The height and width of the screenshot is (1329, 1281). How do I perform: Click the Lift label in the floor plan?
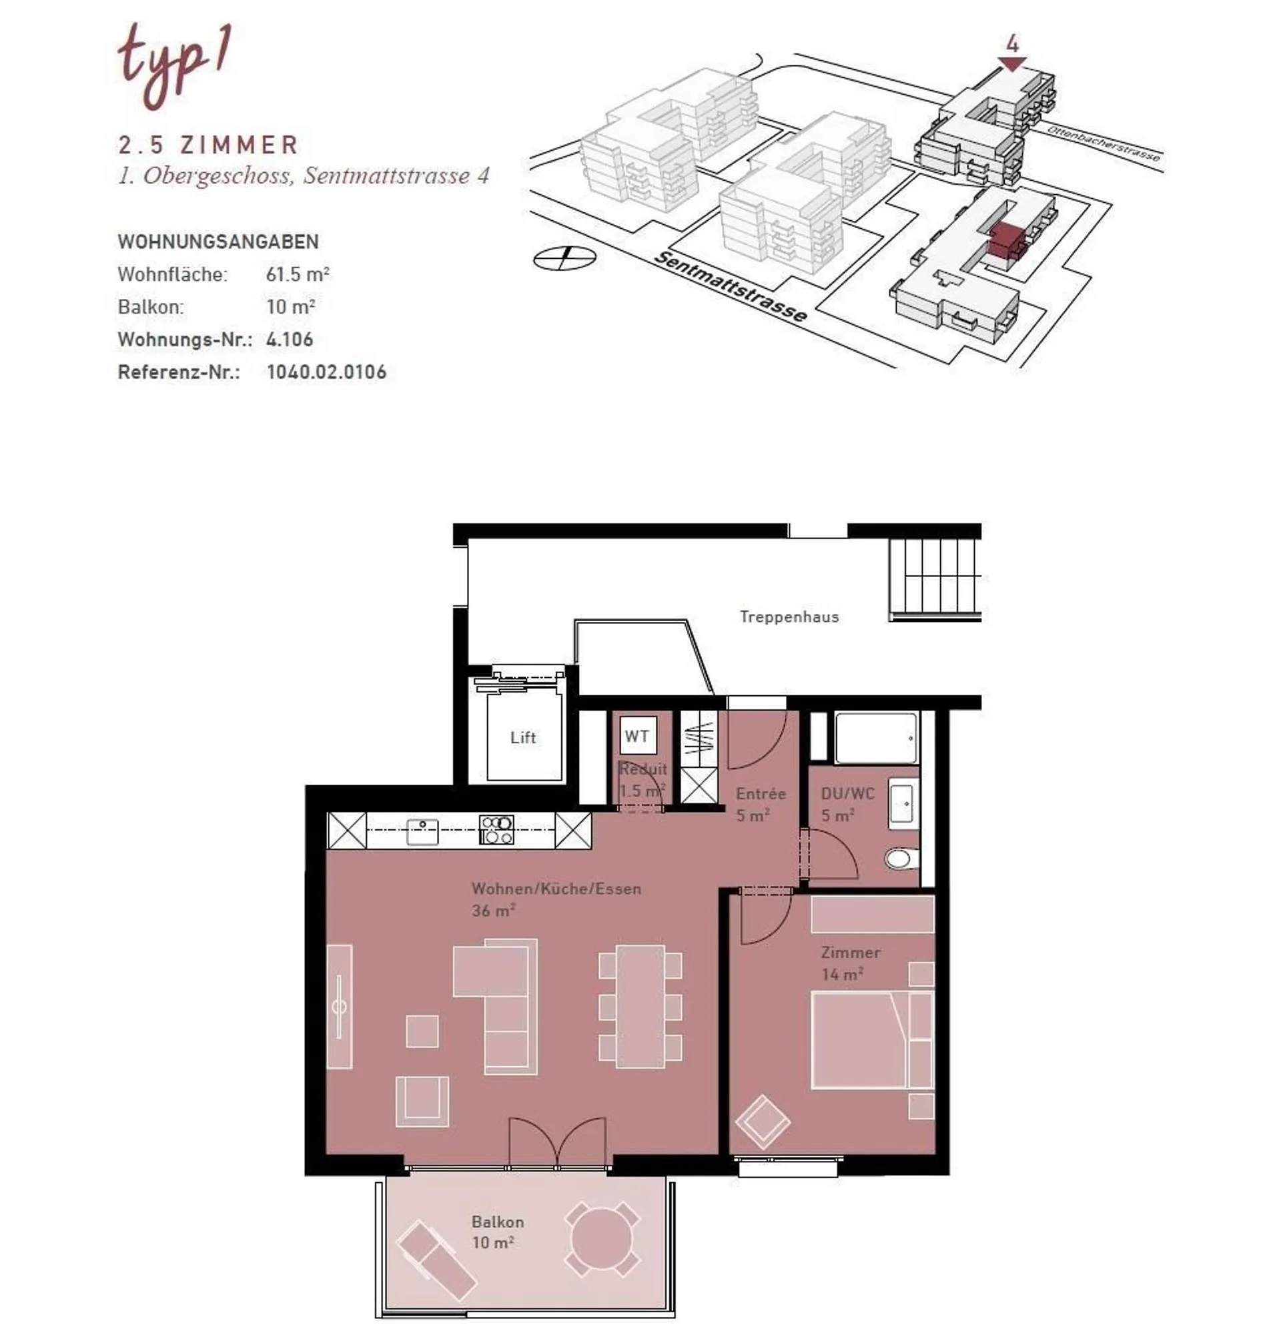tap(523, 737)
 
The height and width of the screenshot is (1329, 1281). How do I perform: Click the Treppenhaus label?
tap(789, 616)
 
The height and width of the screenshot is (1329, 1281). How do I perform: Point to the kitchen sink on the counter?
tap(422, 831)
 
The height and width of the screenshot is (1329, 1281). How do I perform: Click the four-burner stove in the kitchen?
tap(496, 830)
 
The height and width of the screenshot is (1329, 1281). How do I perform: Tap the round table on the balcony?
tap(602, 1237)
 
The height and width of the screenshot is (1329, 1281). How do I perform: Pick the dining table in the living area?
tap(640, 1006)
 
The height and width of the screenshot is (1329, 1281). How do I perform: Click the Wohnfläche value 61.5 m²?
tap(298, 275)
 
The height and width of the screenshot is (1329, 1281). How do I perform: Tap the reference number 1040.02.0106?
tap(326, 372)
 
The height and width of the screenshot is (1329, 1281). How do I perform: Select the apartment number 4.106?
tap(290, 340)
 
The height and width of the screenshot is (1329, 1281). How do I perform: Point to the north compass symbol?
tap(565, 258)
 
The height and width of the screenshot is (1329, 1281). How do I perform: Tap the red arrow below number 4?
tap(1011, 65)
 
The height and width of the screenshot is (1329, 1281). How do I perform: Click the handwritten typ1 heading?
tap(174, 65)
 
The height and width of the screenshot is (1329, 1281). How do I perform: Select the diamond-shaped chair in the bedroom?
tap(762, 1122)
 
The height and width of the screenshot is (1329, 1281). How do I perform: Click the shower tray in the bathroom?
tap(876, 737)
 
